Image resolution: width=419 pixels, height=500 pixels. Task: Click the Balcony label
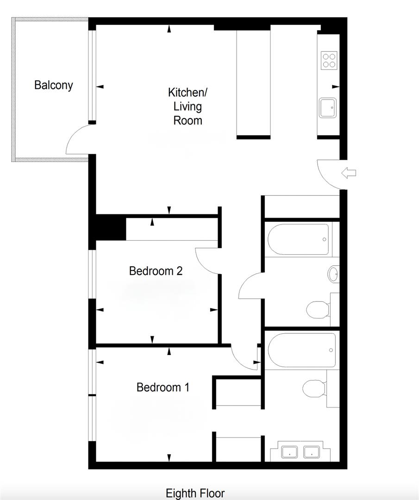pos(54,85)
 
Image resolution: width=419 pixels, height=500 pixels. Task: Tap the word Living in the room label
pos(188,106)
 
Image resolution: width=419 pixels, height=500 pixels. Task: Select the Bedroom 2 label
pos(156,271)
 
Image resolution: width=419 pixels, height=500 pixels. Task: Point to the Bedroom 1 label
pos(163,387)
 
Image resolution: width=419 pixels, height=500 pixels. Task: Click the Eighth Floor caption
pos(195,494)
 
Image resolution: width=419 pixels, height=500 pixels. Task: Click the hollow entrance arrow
pos(349,173)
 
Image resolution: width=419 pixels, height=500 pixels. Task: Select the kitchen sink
pos(328,108)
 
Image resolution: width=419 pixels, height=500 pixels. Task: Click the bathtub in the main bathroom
pos(298,239)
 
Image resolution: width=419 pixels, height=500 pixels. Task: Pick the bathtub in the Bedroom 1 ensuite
pos(302,350)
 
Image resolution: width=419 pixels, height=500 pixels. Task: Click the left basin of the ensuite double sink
pos(289,452)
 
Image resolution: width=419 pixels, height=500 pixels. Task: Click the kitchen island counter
pos(254,83)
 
